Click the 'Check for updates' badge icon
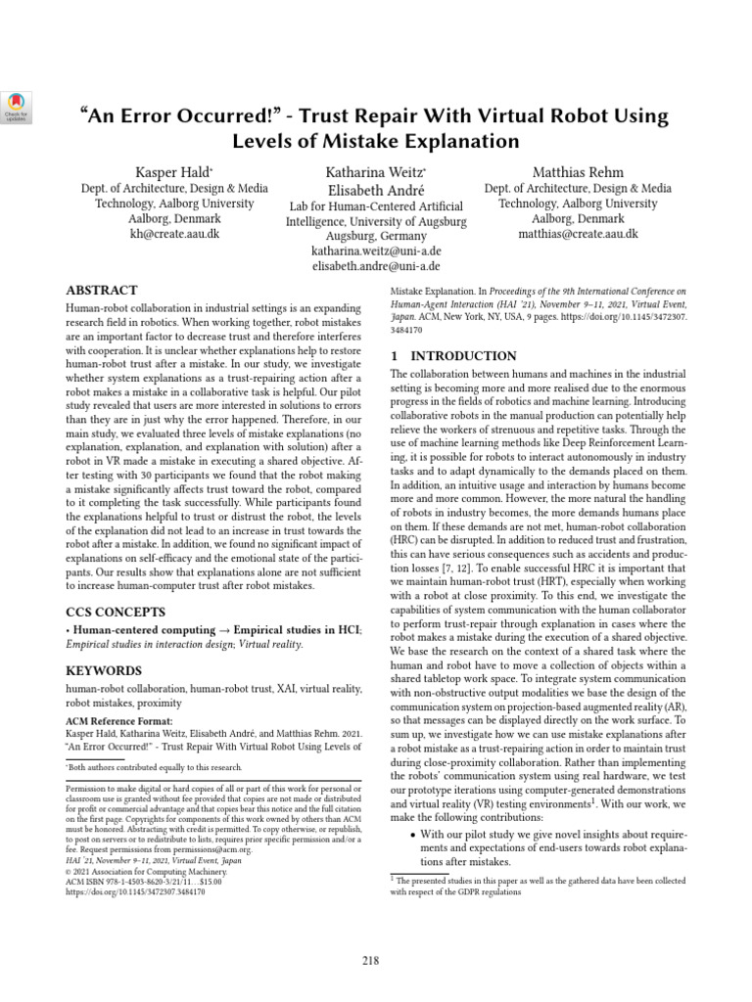click(x=19, y=106)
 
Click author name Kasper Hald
click(x=165, y=171)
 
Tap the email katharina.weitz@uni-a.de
click(x=376, y=251)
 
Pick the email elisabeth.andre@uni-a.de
click(x=376, y=266)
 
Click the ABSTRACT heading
click(x=102, y=291)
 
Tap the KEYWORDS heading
click(x=104, y=671)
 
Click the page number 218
click(x=371, y=960)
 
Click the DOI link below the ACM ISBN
click(x=135, y=891)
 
